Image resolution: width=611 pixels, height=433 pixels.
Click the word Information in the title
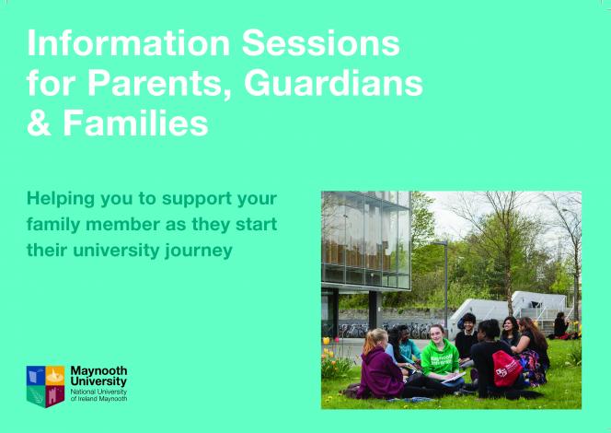[x=128, y=43]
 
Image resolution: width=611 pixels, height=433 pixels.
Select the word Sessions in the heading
[x=321, y=43]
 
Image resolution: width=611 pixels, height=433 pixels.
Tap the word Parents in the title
[x=159, y=84]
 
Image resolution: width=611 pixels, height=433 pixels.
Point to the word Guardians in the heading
[x=333, y=83]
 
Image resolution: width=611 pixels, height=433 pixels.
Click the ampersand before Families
[x=39, y=123]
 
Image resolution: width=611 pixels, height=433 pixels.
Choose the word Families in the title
[x=135, y=123]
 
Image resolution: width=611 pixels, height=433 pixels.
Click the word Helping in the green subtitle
[x=61, y=199]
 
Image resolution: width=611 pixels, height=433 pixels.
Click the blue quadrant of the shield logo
[x=36, y=376]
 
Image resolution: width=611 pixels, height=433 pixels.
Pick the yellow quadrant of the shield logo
[x=55, y=376]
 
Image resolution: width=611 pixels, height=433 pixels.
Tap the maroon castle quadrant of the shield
[x=55, y=396]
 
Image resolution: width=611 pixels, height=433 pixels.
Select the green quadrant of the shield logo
[x=36, y=395]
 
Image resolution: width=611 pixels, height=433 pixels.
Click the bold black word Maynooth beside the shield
[x=98, y=370]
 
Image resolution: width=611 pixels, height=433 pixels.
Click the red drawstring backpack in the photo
[x=506, y=369]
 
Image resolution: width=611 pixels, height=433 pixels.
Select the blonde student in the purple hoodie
[x=380, y=365]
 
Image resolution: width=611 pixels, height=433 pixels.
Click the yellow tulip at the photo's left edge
[x=326, y=341]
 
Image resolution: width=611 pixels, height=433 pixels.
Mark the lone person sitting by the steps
[x=561, y=325]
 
